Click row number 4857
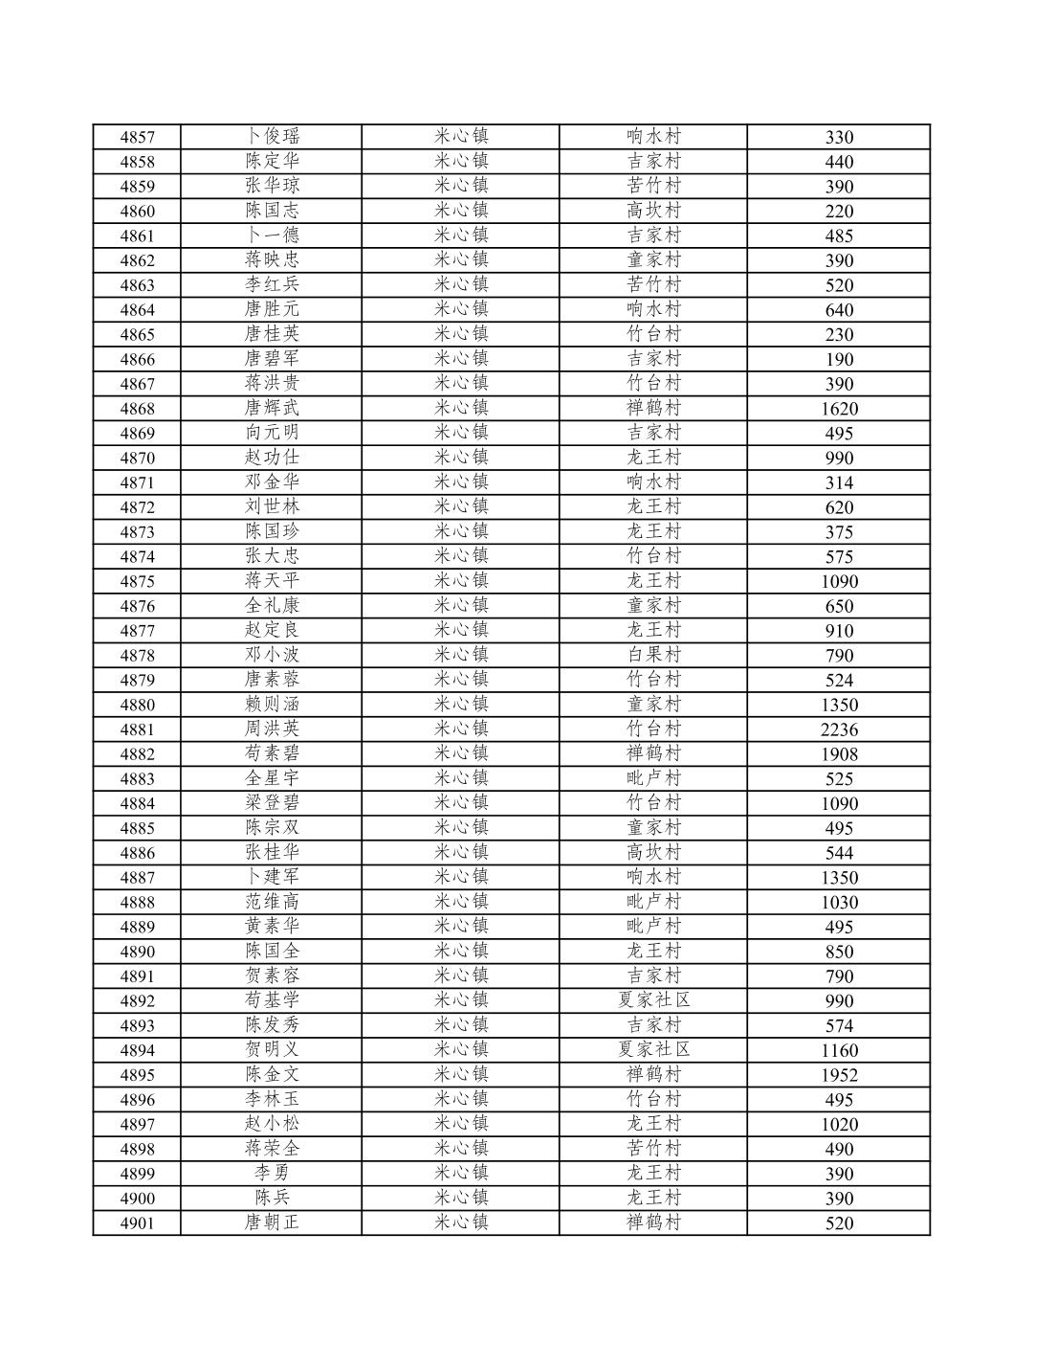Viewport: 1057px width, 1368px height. pos(137,137)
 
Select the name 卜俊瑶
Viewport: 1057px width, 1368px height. pos(272,136)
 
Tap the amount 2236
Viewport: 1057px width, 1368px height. pos(839,729)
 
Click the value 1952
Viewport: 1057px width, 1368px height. pos(839,1075)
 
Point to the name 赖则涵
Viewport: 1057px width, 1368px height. pos(272,704)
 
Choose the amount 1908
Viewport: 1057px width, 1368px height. pos(839,754)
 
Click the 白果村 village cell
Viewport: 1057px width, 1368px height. pos(653,655)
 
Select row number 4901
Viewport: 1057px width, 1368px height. pos(137,1223)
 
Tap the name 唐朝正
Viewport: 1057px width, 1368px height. pos(272,1222)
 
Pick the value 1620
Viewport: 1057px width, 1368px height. pos(839,409)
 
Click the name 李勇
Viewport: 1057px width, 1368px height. pos(272,1173)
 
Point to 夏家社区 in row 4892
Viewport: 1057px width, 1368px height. pos(653,1000)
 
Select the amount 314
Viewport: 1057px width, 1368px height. pos(839,482)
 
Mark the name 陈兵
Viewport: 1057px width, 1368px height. pos(272,1198)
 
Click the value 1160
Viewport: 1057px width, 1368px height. pos(839,1050)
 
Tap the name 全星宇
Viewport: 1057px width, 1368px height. pos(272,778)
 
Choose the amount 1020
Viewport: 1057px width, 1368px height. pos(839,1124)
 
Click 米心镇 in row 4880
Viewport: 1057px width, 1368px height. pos(461,704)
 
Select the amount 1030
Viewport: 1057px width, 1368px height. pos(839,902)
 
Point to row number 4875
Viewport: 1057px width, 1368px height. pos(137,581)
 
